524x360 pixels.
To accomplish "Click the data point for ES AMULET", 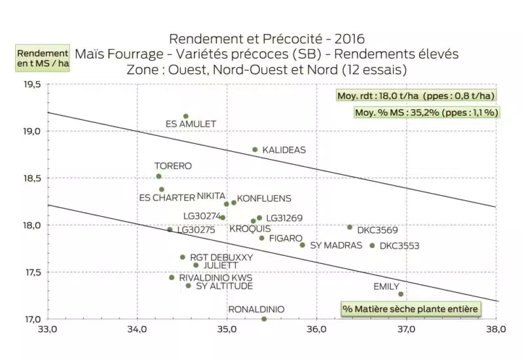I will [x=186, y=117].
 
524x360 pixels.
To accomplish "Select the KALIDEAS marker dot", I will [x=255, y=149].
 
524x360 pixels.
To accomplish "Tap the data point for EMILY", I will [x=401, y=294].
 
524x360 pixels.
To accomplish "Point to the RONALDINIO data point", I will [x=264, y=319].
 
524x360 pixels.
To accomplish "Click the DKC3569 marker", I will [x=350, y=227].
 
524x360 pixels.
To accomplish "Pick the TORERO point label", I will [x=173, y=166].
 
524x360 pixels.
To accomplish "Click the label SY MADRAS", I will [x=336, y=245].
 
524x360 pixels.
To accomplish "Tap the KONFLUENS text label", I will [x=264, y=198].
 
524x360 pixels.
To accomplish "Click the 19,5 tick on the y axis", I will [x=30, y=84].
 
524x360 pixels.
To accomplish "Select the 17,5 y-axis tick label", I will [x=30, y=272].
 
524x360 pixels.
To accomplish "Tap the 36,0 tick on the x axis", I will [x=316, y=329].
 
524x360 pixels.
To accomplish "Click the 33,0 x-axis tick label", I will [x=48, y=329].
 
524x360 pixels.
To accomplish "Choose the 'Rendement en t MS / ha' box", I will [x=43, y=58].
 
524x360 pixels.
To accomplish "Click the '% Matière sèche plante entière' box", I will [x=411, y=308].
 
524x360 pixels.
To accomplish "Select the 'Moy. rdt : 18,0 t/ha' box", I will [x=415, y=96].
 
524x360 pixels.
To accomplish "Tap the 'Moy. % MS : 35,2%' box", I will [x=426, y=112].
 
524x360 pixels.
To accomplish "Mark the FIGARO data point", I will [x=262, y=238].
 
